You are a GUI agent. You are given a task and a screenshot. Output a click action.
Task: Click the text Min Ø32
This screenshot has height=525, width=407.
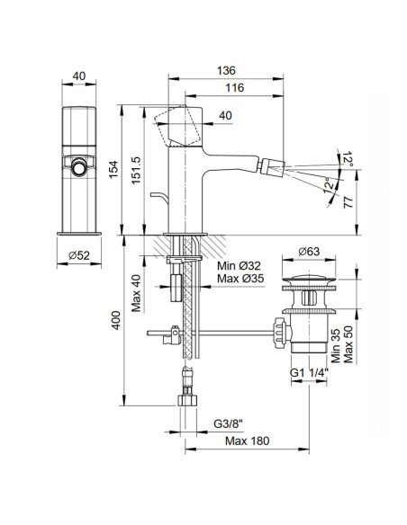[240, 266]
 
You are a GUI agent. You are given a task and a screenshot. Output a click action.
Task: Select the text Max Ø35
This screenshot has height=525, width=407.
[240, 280]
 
